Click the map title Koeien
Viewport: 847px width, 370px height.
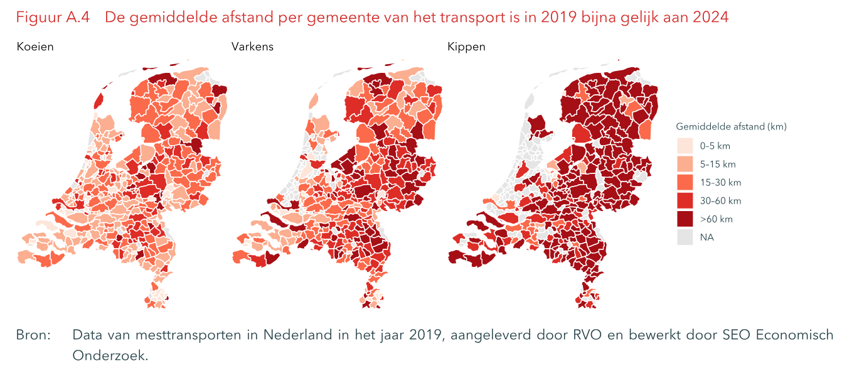click(35, 47)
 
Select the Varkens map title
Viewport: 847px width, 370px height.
click(252, 47)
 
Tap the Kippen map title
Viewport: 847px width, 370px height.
click(466, 47)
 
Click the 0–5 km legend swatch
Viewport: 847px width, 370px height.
click(685, 146)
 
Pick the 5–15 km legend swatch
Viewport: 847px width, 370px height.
click(685, 164)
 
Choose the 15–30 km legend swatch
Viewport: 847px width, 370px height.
click(685, 182)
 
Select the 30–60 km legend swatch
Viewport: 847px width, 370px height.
click(685, 201)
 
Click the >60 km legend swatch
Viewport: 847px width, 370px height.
click(685, 219)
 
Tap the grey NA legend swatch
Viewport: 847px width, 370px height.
click(685, 237)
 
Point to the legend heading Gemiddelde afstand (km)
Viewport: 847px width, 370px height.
click(731, 126)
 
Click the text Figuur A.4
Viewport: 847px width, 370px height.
click(53, 18)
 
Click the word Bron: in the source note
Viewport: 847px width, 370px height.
click(33, 335)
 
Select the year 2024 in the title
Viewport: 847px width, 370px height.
click(711, 18)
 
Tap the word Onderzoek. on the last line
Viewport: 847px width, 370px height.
click(110, 355)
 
